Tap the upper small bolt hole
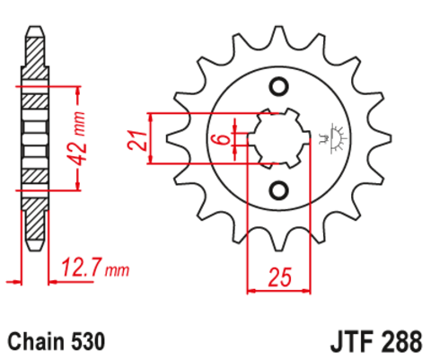(278, 87)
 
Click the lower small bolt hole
(278, 190)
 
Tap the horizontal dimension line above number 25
(278, 289)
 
